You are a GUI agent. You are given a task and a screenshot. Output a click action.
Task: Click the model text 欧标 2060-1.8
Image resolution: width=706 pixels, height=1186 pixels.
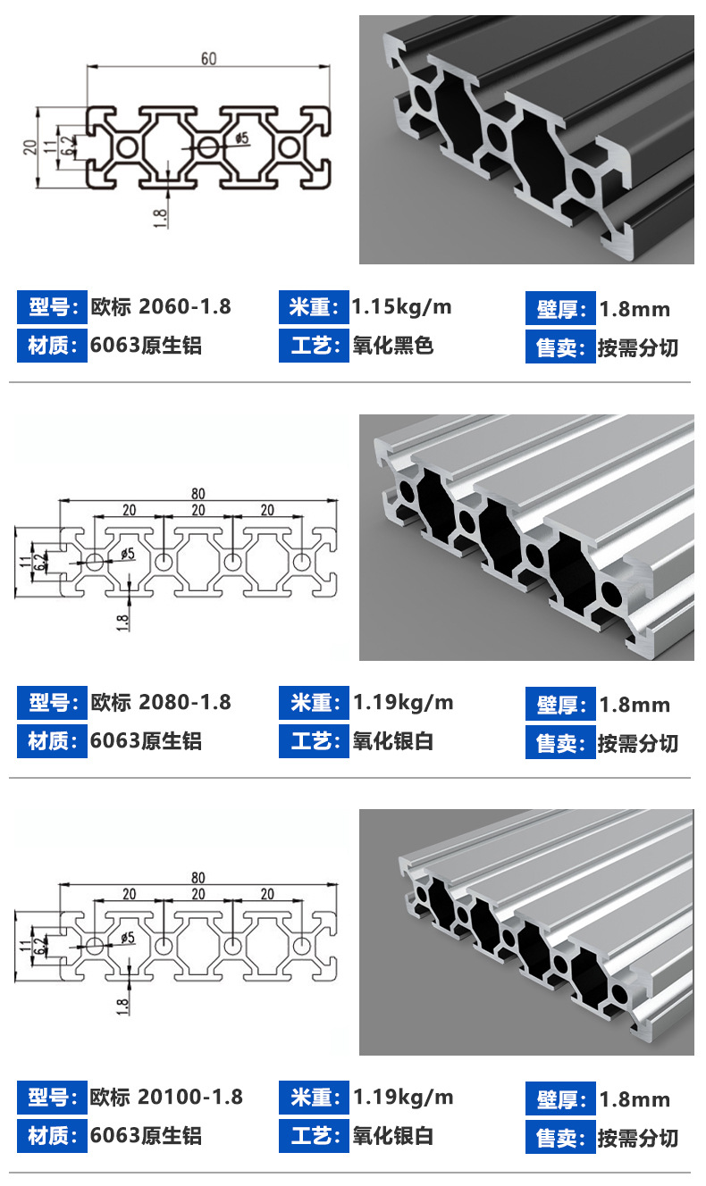161,307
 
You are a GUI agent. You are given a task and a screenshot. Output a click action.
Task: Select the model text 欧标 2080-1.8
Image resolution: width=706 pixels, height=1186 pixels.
161,703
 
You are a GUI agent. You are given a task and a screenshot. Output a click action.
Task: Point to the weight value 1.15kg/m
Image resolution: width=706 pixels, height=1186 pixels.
402,307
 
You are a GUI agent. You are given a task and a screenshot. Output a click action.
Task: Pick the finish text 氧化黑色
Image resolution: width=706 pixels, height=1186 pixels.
393,346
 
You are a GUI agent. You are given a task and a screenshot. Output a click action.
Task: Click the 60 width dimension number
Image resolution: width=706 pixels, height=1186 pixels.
208,59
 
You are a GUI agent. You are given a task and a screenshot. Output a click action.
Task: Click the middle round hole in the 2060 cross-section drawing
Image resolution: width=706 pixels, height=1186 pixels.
208,147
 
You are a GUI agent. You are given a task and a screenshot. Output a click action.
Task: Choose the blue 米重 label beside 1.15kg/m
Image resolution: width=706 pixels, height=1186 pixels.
314,307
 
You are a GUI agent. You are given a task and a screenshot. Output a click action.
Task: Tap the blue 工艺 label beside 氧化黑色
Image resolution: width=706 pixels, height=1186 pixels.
314,346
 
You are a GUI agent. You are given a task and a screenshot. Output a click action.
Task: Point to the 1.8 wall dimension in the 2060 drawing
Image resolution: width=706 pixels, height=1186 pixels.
161,217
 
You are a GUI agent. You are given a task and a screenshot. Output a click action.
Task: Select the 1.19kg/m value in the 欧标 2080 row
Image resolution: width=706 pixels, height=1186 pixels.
403,703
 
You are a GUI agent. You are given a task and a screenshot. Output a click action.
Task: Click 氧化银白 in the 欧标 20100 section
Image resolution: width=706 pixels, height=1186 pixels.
393,1136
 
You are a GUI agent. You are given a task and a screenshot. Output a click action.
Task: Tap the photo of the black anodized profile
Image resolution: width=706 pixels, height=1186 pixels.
526,139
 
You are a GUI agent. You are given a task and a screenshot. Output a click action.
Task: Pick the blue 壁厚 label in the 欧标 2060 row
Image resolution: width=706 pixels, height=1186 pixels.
559,309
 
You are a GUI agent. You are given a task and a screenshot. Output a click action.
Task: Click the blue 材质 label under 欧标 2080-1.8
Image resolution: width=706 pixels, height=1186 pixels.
52,741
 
